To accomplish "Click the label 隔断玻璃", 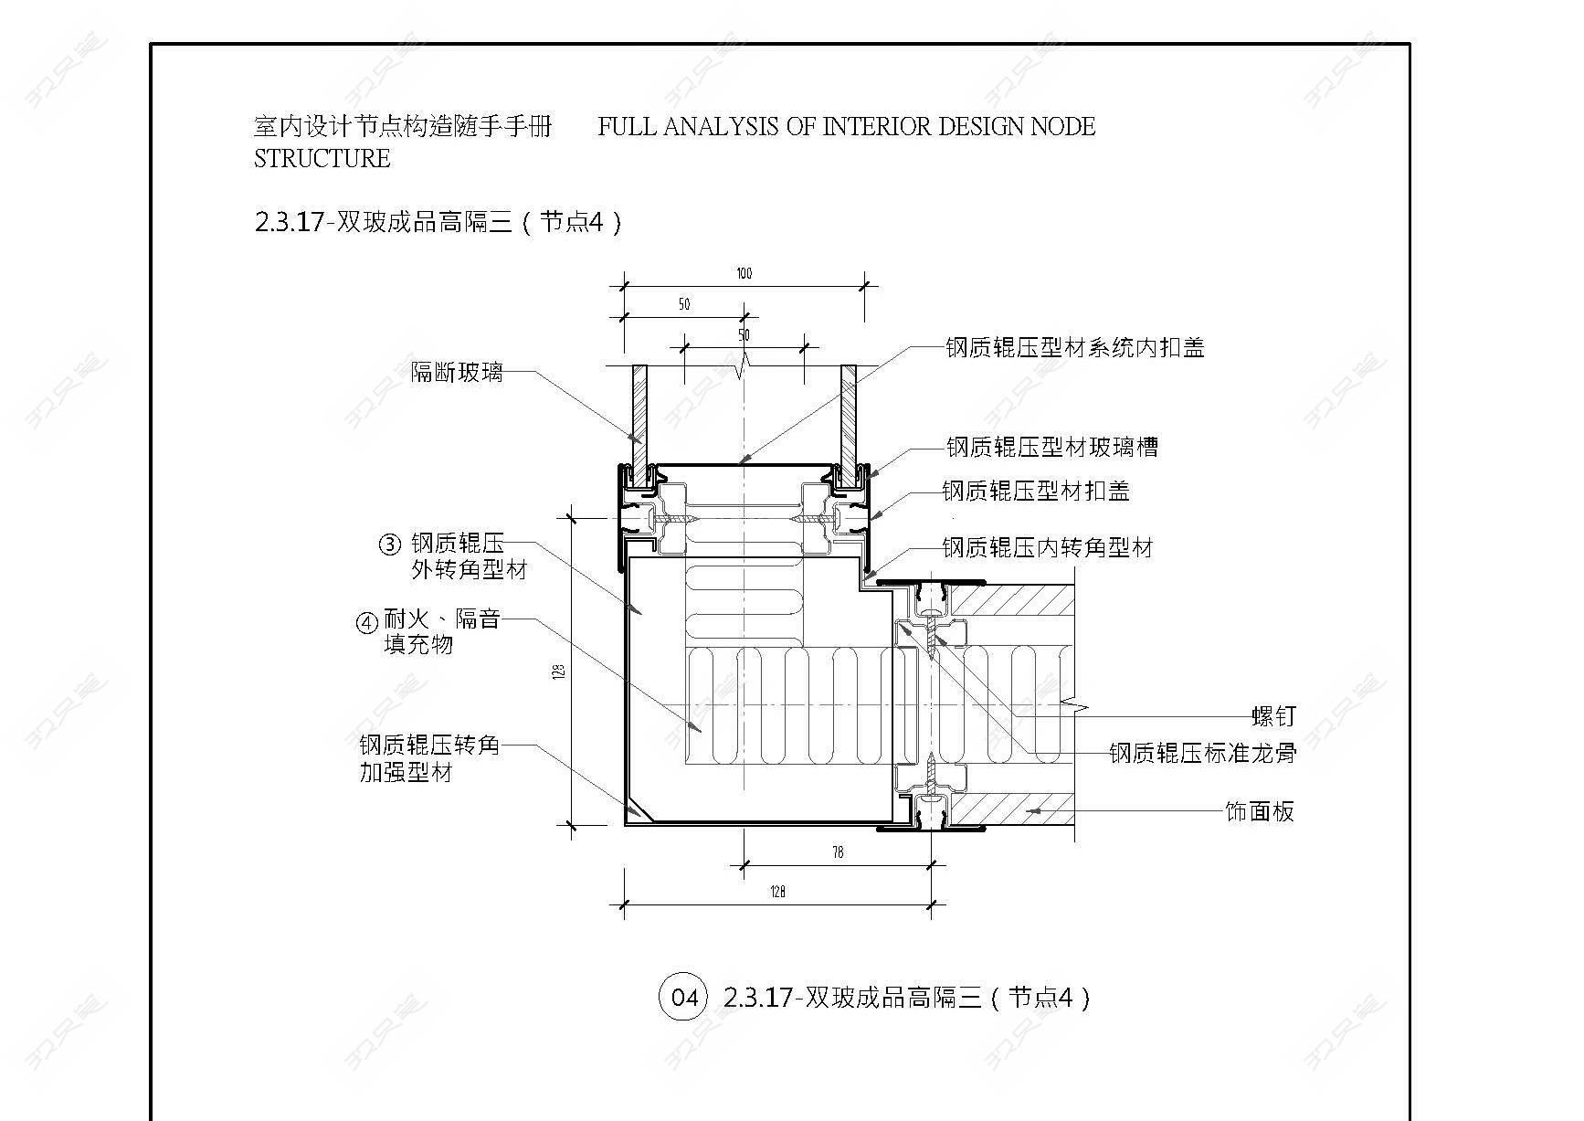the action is pos(457,372).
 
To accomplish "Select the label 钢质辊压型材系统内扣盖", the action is pos(1075,347).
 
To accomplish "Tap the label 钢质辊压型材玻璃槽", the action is pos(1052,447).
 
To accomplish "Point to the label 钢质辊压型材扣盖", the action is pos(1036,491).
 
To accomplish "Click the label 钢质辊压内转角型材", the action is pos(1048,547).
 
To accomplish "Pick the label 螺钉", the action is pos(1273,717).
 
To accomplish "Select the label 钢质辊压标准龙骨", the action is pos(1202,753).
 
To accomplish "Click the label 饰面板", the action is pos(1260,811).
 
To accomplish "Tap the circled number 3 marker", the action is pos(390,545).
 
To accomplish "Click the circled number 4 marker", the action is pos(366,622).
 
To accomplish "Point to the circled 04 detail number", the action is pos(684,996).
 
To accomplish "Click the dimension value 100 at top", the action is pos(744,273).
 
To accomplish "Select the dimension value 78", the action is pos(838,852).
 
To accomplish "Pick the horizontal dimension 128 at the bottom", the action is pos(778,892).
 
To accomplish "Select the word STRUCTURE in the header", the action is pos(322,158).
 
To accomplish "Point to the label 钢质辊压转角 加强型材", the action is pos(429,759).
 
